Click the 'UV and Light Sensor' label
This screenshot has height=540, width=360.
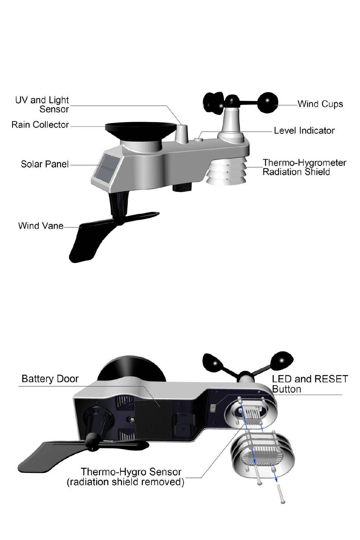pos(42,105)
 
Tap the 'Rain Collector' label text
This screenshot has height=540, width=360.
pos(40,125)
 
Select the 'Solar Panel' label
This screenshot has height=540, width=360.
pos(45,164)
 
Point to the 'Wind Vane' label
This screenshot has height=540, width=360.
pos(41,226)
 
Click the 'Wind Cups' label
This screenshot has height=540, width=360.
pos(320,104)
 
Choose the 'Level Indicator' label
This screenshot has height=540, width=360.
pos(304,131)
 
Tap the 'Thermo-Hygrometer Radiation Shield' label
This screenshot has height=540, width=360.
pos(304,167)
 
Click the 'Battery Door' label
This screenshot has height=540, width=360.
pos(50,379)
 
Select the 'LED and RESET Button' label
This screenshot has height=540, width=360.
pos(310,384)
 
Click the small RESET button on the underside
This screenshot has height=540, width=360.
pos(213,409)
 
